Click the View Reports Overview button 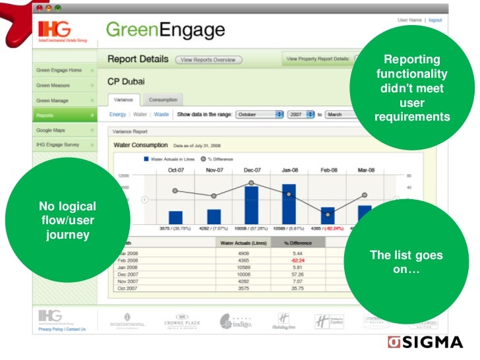tap(209, 60)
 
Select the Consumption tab tap(163, 100)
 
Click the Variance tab tap(124, 100)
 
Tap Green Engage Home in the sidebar tap(63, 70)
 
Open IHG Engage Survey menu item tap(63, 144)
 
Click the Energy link tap(117, 114)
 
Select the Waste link tap(161, 114)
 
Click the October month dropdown tap(259, 114)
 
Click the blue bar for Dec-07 tap(251, 205)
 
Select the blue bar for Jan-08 tap(289, 204)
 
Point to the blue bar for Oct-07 tap(175, 217)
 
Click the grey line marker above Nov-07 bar tap(214, 196)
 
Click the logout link tap(435, 20)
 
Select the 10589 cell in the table tap(243, 267)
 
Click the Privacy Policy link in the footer tap(51, 329)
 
